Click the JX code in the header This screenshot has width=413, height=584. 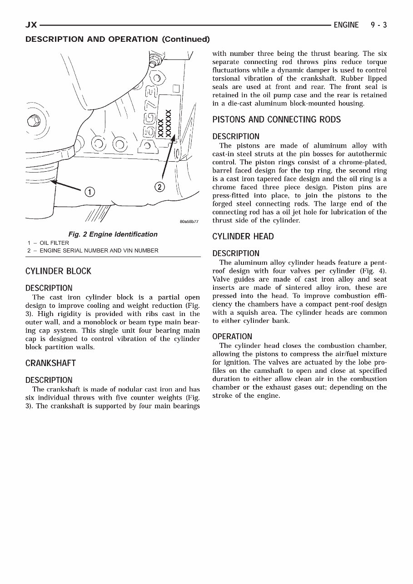click(x=31, y=25)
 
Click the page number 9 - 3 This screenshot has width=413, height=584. click(x=378, y=25)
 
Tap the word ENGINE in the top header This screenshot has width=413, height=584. click(x=346, y=25)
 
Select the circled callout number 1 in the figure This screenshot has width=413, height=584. click(x=90, y=192)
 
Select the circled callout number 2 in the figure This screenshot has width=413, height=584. click(x=159, y=187)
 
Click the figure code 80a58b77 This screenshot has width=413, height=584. click(x=189, y=222)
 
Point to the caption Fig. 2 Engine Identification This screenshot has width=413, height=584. click(x=113, y=234)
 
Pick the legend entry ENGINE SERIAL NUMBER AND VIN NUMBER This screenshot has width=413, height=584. click(x=99, y=251)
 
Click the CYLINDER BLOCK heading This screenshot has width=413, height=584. click(x=58, y=272)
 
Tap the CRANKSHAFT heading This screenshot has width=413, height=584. click(x=50, y=363)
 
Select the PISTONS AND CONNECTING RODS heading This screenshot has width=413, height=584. click(x=276, y=120)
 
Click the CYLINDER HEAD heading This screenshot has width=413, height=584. click(x=243, y=237)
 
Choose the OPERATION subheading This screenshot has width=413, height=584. click(x=232, y=337)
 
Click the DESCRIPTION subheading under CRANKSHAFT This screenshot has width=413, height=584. click(x=49, y=380)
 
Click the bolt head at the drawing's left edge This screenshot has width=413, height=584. click(x=34, y=121)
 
